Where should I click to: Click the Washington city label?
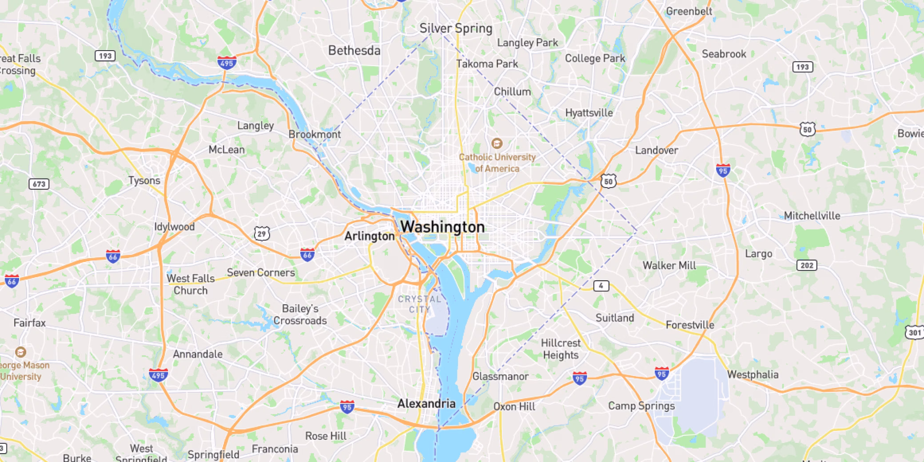(442, 227)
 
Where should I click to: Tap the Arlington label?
(369, 236)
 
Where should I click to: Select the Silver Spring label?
(456, 28)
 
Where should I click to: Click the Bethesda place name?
(354, 51)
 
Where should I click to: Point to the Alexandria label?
(426, 403)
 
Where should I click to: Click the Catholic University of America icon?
(497, 143)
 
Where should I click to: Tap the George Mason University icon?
(20, 352)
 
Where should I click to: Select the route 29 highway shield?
(262, 234)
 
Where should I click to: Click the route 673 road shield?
(39, 184)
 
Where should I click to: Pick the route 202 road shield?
(807, 266)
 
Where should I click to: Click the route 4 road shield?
(601, 286)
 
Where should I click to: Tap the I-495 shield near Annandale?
(158, 374)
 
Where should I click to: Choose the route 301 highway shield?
(915, 332)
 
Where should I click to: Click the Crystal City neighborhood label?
(419, 304)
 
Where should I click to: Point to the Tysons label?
(144, 180)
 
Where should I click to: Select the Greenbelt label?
(689, 12)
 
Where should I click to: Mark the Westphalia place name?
(753, 374)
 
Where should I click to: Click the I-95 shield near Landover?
(723, 170)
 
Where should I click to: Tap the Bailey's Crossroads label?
(300, 315)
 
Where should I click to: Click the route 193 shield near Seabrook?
(802, 67)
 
